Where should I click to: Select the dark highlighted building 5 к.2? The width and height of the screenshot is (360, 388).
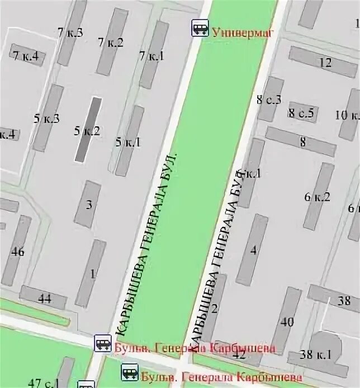click(x=89, y=130)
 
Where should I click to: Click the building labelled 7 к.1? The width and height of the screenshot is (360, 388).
click(x=154, y=55)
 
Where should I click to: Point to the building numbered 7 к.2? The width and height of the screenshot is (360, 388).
click(x=112, y=42)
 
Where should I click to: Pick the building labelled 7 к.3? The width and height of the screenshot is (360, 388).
click(x=72, y=32)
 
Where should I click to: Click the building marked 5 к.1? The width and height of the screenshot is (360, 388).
click(x=130, y=141)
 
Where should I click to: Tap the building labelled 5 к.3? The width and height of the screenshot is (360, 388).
click(x=48, y=118)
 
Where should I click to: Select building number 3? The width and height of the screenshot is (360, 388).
click(x=88, y=204)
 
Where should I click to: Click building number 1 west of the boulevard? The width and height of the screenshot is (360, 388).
click(x=91, y=273)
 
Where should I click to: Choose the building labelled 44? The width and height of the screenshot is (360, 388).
click(x=43, y=297)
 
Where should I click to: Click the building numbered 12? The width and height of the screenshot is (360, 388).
click(x=323, y=61)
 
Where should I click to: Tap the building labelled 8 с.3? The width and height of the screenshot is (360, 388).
click(x=271, y=99)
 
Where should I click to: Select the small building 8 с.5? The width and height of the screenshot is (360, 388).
click(x=302, y=113)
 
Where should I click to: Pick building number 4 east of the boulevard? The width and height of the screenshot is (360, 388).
click(x=252, y=249)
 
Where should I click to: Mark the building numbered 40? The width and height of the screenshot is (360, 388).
click(x=286, y=321)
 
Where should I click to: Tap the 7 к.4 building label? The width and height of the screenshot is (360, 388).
click(x=26, y=55)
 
